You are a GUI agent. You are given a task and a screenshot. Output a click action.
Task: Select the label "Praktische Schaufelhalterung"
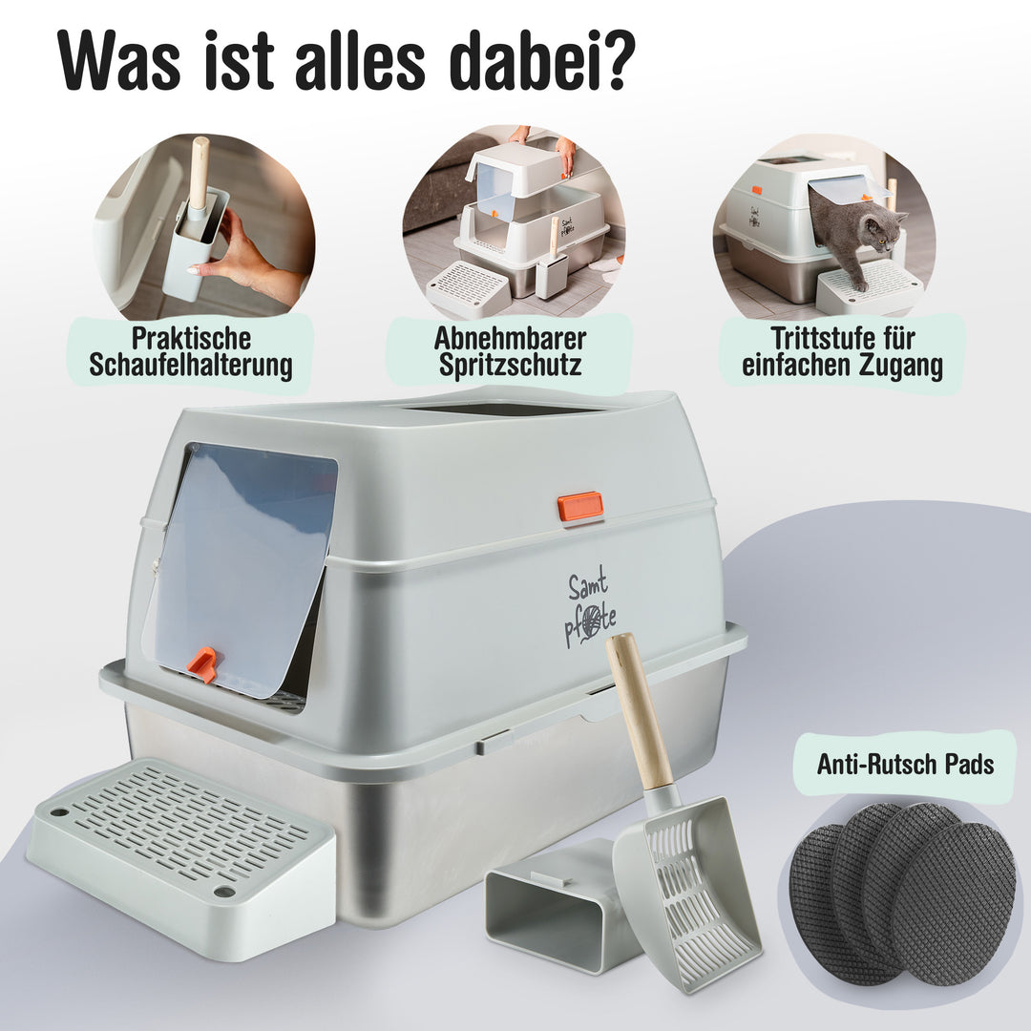coord(190,352)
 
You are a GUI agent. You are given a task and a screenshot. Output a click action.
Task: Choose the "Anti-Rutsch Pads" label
coord(905,764)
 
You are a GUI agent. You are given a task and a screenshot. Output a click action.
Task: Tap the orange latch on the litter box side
coord(580,506)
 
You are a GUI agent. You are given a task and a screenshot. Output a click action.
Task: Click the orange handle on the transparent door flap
coord(202,664)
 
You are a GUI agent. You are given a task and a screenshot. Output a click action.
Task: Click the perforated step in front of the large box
coord(181,840)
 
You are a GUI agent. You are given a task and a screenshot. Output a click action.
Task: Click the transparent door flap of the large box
coord(243,563)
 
